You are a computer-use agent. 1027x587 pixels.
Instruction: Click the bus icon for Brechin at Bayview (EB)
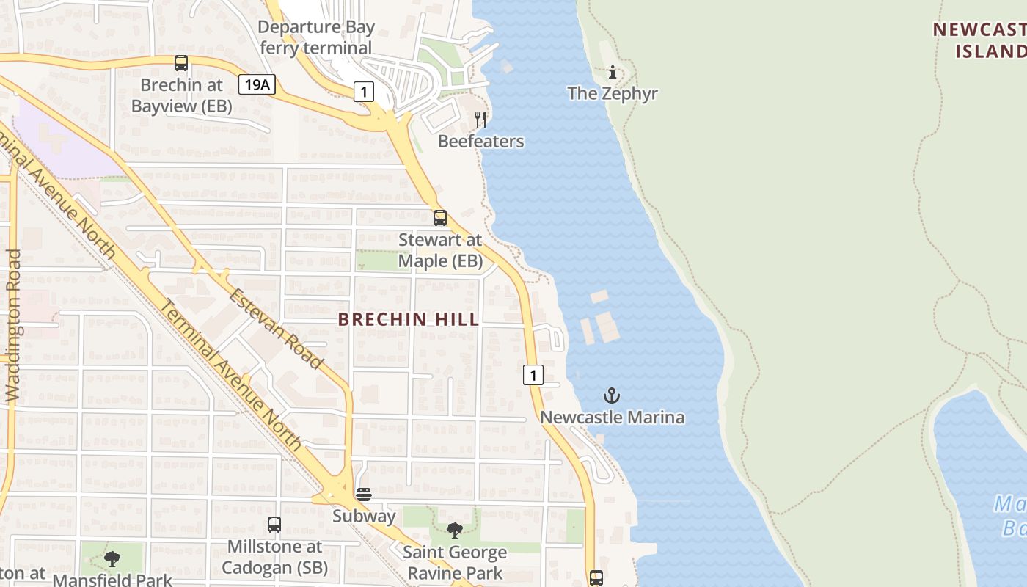pos(181,63)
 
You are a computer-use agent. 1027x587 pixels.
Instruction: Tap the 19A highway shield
pos(257,84)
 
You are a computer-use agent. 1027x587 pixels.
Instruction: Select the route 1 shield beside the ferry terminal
pos(364,92)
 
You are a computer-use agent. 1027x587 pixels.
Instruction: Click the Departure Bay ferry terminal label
pos(316,38)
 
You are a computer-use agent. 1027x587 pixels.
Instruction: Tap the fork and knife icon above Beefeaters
pos(480,119)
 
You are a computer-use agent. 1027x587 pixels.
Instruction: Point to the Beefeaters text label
pos(480,141)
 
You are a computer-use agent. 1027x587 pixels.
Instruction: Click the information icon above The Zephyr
pos(613,72)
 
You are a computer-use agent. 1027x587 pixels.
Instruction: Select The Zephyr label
pos(613,94)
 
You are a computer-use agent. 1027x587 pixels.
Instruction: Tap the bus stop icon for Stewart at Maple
pos(440,217)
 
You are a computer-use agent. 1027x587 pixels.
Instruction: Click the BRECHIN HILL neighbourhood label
pos(409,319)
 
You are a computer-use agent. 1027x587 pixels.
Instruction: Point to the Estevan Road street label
pos(276,329)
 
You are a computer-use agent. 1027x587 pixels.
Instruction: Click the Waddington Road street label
pos(13,325)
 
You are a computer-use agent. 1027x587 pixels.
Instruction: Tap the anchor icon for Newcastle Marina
pos(612,396)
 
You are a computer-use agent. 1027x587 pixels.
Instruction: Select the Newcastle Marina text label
pos(613,418)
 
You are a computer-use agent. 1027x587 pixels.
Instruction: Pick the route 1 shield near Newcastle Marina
pos(533,375)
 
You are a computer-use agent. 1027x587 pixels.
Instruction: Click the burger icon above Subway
pos(364,495)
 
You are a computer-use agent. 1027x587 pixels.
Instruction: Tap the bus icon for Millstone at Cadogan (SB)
pos(274,525)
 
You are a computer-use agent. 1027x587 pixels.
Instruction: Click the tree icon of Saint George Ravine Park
pos(455,531)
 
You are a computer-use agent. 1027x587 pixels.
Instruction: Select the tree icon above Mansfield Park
pos(112,560)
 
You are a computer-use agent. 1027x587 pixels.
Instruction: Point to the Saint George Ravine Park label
pos(455,563)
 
